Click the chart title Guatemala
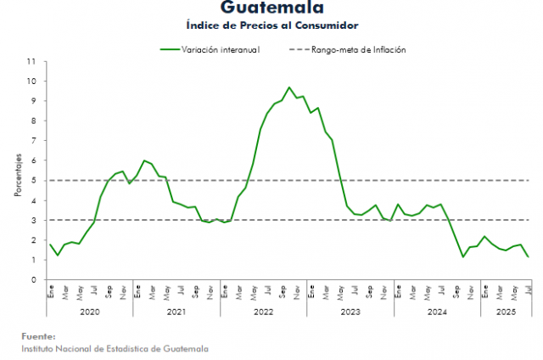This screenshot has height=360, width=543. [x=271, y=8]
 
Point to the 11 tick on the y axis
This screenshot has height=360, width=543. [x=32, y=62]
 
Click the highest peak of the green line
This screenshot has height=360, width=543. [x=289, y=87]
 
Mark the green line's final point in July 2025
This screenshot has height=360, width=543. [x=528, y=256]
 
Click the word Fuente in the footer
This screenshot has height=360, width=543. [x=39, y=336]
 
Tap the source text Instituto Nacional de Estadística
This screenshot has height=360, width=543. [x=114, y=348]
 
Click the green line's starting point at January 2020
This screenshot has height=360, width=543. [x=50, y=245]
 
